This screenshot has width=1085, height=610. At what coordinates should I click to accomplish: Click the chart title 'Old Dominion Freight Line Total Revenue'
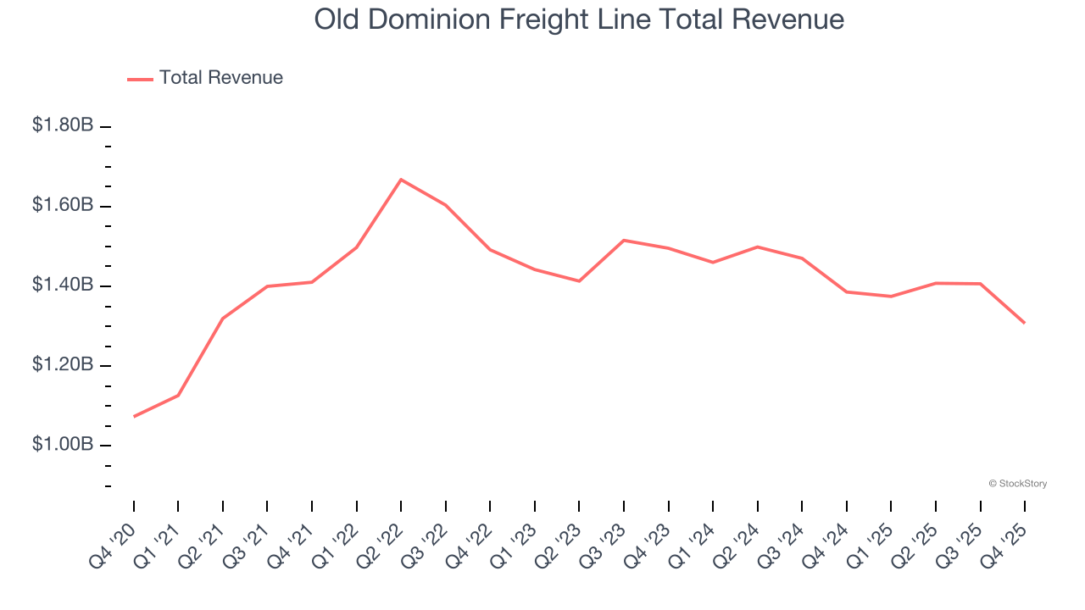pos(579,19)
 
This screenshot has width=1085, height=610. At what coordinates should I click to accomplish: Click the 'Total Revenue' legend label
pos(220,78)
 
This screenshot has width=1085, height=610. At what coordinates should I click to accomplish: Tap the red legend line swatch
pos(140,79)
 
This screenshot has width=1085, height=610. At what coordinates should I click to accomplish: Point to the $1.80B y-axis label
pos(63,125)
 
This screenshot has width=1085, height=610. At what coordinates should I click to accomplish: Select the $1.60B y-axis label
pos(63,205)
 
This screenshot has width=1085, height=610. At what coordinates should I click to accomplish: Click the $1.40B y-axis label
pos(63,286)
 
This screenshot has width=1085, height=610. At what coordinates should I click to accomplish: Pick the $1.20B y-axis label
pos(63,365)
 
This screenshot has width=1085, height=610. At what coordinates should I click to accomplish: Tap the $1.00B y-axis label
pos(63,445)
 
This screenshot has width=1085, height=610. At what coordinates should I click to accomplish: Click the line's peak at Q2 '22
pos(401,180)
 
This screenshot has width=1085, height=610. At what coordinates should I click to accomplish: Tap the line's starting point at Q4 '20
pos(134,416)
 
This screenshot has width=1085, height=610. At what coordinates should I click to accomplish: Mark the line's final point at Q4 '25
pos(1024,323)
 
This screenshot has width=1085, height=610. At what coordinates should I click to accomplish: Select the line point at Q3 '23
pos(624,241)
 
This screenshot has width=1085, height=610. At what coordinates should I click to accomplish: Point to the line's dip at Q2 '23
pos(579,280)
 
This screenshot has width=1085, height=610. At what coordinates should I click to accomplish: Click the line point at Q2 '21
pos(223,319)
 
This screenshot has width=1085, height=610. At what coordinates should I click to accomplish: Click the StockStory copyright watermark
pos(1017,484)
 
